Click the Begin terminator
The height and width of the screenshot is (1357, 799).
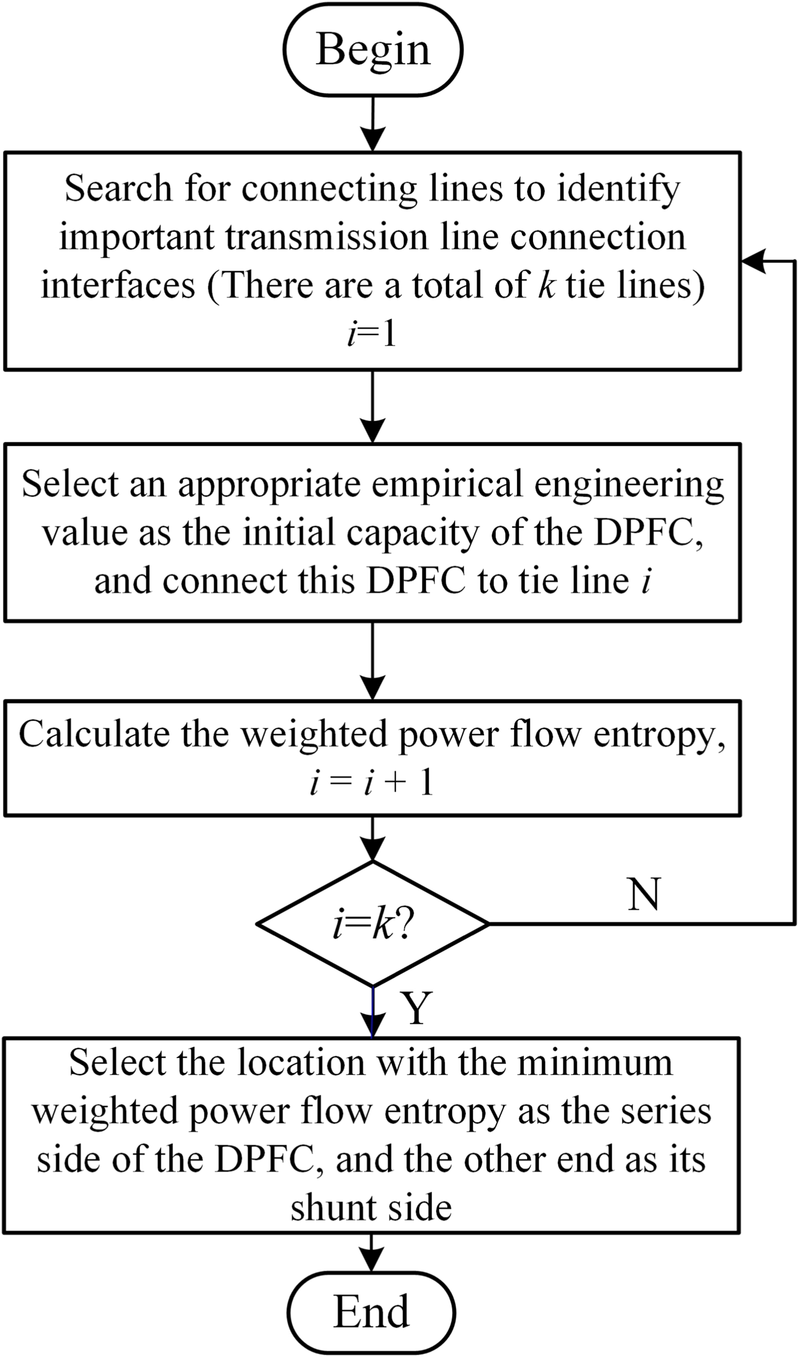(x=372, y=49)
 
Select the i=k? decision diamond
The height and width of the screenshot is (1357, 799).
(x=372, y=923)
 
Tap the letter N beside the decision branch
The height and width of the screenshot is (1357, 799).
(x=644, y=894)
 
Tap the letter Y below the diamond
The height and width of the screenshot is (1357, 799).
(x=417, y=1008)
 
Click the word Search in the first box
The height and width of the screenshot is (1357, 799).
(x=118, y=188)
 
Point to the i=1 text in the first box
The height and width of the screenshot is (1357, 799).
(x=372, y=334)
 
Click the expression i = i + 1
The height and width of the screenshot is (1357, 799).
(x=372, y=783)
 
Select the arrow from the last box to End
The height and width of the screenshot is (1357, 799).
(x=371, y=1252)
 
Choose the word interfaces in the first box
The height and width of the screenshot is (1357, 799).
(x=118, y=285)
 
